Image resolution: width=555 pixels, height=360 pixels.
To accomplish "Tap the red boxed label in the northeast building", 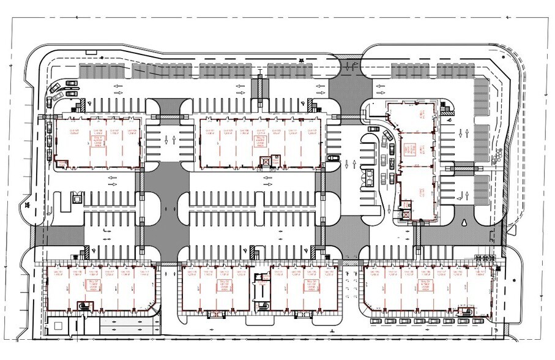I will (409, 149).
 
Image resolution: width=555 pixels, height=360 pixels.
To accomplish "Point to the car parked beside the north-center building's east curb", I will (333, 157).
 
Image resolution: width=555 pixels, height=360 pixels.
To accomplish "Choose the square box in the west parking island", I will (76, 198).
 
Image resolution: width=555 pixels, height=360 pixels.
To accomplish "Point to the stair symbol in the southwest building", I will (83, 306).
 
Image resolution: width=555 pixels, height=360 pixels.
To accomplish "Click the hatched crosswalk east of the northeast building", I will (463, 165).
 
